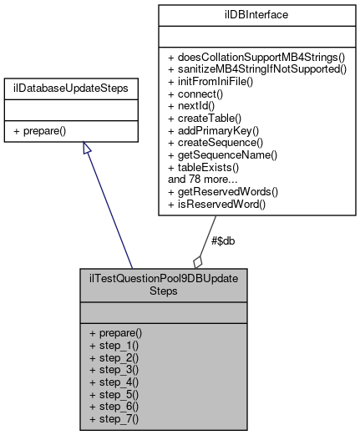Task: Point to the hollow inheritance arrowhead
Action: (x=86, y=149)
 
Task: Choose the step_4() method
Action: (x=113, y=382)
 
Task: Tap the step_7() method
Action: (x=113, y=418)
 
